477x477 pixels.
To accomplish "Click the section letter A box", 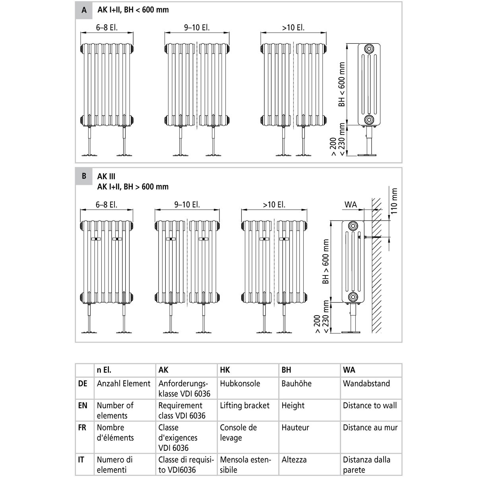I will click(84, 10).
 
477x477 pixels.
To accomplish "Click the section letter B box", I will click(84, 176).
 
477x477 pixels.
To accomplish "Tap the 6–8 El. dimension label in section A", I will click(107, 28).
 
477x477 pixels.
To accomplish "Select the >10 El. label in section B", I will click(274, 205).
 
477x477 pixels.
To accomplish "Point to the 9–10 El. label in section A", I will click(197, 28).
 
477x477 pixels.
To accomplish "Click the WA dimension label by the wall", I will click(351, 205).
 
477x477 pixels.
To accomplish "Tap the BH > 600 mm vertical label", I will click(326, 261).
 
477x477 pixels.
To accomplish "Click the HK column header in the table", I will click(225, 370).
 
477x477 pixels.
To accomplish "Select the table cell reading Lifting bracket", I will click(244, 405).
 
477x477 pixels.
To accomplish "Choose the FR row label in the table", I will click(81, 428).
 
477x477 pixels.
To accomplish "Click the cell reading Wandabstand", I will click(366, 384).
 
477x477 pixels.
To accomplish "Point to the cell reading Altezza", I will click(294, 460).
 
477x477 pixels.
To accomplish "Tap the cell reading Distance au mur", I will click(370, 428).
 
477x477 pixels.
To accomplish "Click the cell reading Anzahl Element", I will click(124, 384).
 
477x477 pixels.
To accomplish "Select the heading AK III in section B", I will click(106, 176).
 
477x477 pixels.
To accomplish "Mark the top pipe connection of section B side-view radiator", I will click(353, 226).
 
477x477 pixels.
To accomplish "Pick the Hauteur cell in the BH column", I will click(295, 428).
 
